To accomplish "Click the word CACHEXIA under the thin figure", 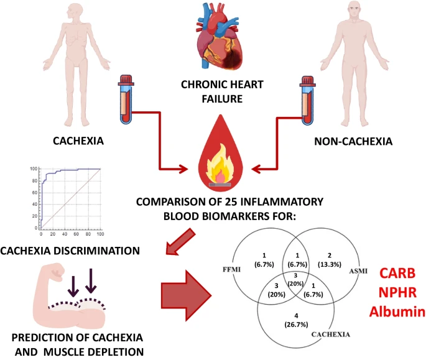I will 70,141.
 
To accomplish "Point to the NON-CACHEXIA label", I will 353,141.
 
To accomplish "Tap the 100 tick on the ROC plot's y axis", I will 34,169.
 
